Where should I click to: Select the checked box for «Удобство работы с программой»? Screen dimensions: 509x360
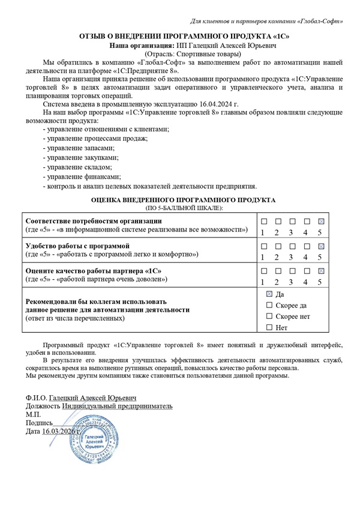pos(321,246)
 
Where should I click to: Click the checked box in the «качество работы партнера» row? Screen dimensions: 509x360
pos(321,272)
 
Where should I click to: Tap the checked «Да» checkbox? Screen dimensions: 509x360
pos(269,294)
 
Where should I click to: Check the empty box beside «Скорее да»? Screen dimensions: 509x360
pos(269,305)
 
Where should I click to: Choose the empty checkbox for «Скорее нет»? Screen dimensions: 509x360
pos(269,316)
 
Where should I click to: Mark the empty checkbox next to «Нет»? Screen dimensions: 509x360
pos(269,327)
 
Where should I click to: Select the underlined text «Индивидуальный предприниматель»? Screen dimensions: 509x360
pos(117,406)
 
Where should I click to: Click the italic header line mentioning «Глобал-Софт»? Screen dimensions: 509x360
pos(266,22)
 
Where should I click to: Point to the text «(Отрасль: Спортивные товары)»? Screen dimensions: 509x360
pos(179,54)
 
